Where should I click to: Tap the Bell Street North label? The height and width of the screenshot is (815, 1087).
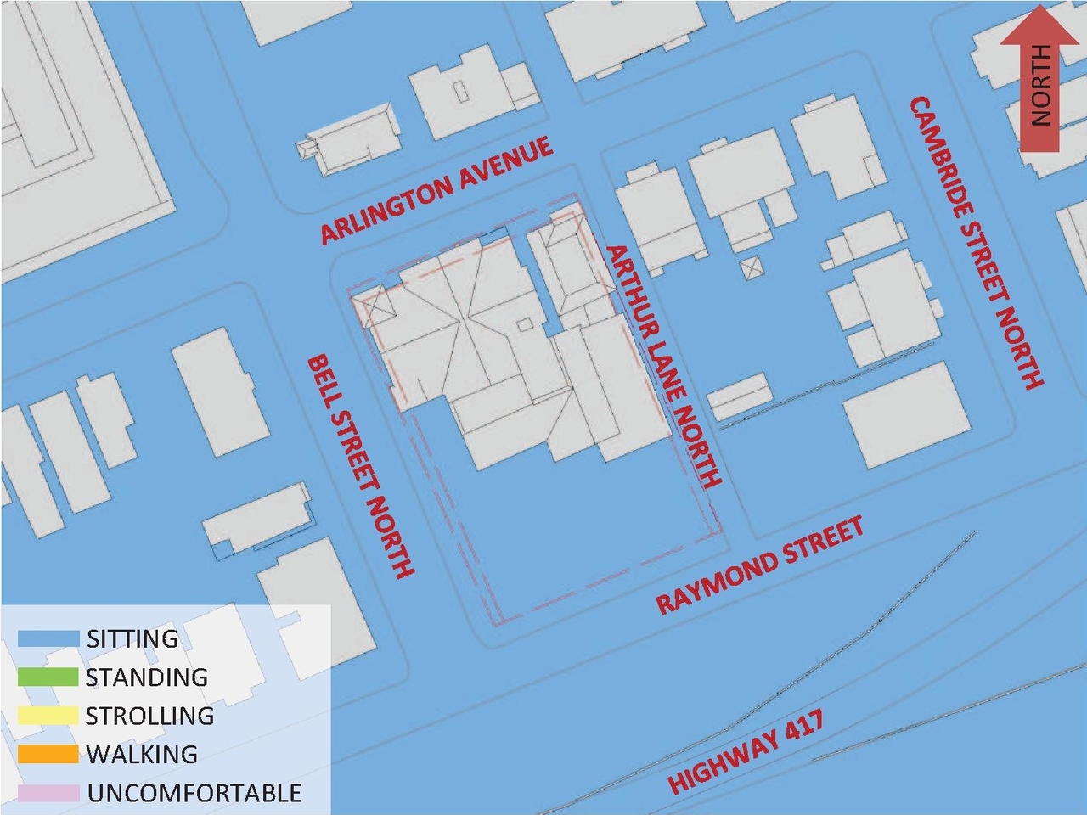pyautogui.click(x=360, y=467)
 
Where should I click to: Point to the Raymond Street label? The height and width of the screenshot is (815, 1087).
pyautogui.click(x=760, y=565)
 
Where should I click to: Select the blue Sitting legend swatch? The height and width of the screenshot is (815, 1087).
pyautogui.click(x=48, y=638)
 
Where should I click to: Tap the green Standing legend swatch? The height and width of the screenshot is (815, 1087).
pyautogui.click(x=48, y=677)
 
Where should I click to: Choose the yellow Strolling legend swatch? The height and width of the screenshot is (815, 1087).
pyautogui.click(x=48, y=716)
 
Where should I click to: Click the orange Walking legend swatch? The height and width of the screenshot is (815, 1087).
pyautogui.click(x=48, y=754)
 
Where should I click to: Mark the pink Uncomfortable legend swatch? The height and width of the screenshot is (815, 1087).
pyautogui.click(x=48, y=793)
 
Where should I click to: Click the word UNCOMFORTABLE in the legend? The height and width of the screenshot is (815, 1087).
pyautogui.click(x=194, y=793)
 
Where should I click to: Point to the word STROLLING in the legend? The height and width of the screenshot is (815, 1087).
pyautogui.click(x=149, y=716)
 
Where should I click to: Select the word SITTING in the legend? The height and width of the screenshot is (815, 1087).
pyautogui.click(x=132, y=638)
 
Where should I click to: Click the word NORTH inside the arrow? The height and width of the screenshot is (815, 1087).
pyautogui.click(x=1040, y=85)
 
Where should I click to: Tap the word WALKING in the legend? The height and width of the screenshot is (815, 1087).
pyautogui.click(x=142, y=754)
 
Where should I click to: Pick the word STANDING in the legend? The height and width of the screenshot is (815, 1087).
pyautogui.click(x=146, y=677)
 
